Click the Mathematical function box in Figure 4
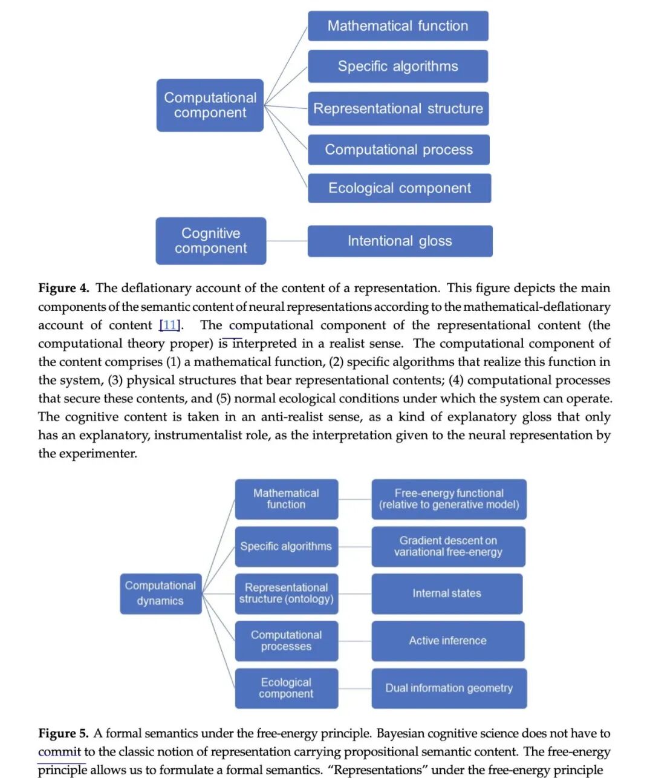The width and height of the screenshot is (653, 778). pos(398,26)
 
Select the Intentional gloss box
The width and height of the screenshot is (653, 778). pos(400,241)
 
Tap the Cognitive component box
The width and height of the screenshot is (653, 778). pos(210,241)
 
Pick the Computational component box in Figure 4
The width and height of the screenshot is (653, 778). pos(210,105)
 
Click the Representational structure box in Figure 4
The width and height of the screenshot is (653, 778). pos(398,109)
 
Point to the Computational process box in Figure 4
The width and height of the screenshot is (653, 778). pos(398,149)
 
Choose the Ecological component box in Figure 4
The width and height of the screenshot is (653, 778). pos(399,188)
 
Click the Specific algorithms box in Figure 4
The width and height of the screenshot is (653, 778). pos(398,67)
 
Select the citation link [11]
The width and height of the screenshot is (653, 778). pos(170,325)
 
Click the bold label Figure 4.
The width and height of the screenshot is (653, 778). pos(63,288)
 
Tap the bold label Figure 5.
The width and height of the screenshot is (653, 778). pos(63,733)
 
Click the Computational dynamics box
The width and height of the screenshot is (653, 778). pos(160,593)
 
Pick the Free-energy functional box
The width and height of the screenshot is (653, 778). pos(449,499)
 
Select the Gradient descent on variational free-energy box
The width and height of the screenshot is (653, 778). pos(448,546)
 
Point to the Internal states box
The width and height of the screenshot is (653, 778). pos(447,593)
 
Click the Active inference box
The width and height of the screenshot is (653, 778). pos(447,641)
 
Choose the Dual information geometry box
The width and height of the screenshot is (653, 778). pos(449,688)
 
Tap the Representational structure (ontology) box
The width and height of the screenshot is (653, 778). pos(286,593)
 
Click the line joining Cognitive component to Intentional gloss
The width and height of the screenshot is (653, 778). pos(287,241)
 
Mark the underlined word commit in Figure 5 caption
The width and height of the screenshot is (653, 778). pos(59,752)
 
